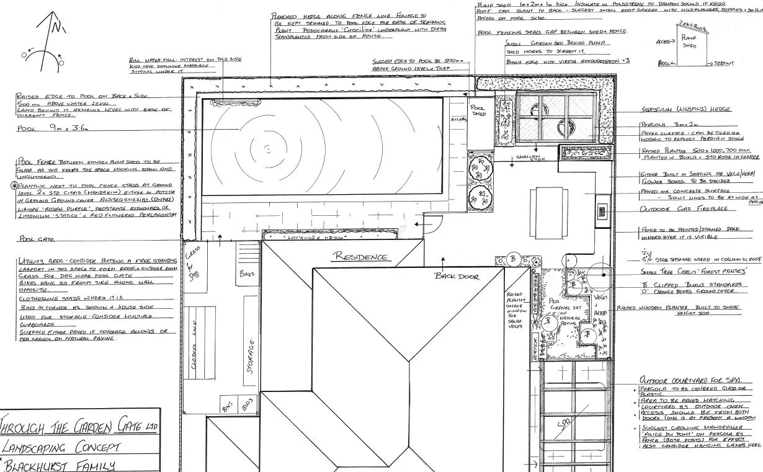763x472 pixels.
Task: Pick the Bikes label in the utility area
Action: [246, 273]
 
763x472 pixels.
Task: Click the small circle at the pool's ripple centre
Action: [267, 149]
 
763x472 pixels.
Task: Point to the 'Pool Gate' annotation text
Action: [37, 239]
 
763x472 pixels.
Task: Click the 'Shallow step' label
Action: [529, 158]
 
